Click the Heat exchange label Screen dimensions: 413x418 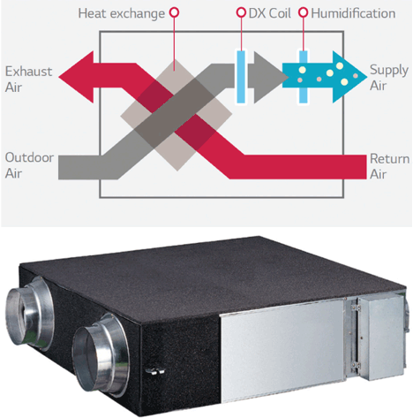tap(121, 14)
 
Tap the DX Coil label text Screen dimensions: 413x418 tap(269, 13)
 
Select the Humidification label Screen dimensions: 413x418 tap(353, 13)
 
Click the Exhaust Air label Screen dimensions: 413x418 tap(28, 80)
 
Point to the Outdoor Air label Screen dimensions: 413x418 tap(29, 165)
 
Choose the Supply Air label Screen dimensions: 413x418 tap(389, 78)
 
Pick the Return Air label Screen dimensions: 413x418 tap(389, 166)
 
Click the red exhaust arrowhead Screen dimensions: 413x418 tap(76, 77)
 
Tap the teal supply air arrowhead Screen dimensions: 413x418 tap(349, 77)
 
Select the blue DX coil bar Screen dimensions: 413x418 tap(241, 77)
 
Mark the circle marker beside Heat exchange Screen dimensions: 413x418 tap(174, 12)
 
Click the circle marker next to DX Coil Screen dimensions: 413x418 tap(241, 12)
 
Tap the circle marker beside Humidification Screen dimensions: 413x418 tap(304, 12)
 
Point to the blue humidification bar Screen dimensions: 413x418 tap(304, 77)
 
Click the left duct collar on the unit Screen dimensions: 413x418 tap(28, 313)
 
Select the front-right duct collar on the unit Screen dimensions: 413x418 tap(100, 354)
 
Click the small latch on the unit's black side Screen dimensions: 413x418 tap(154, 371)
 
